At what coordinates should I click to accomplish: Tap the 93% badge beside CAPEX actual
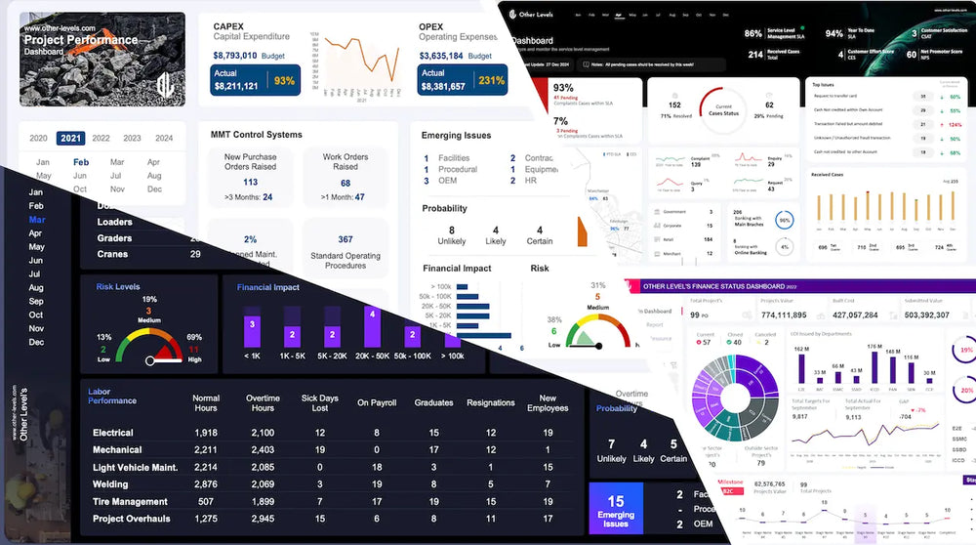pos(284,80)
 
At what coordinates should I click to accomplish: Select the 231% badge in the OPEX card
pos(491,80)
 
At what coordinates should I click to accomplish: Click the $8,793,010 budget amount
pos(234,56)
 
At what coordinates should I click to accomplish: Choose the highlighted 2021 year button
pos(69,138)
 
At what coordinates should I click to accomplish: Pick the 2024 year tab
pos(163,138)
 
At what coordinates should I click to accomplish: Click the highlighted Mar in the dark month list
pos(36,220)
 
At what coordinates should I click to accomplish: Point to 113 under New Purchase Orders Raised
pos(250,182)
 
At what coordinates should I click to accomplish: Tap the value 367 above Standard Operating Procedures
pos(345,239)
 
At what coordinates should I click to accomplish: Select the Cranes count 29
pos(194,254)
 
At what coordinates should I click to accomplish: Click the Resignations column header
pos(490,402)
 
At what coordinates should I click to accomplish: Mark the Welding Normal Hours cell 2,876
pos(206,484)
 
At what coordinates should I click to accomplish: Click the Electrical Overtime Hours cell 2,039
pos(263,433)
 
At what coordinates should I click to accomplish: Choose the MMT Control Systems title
pos(256,134)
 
